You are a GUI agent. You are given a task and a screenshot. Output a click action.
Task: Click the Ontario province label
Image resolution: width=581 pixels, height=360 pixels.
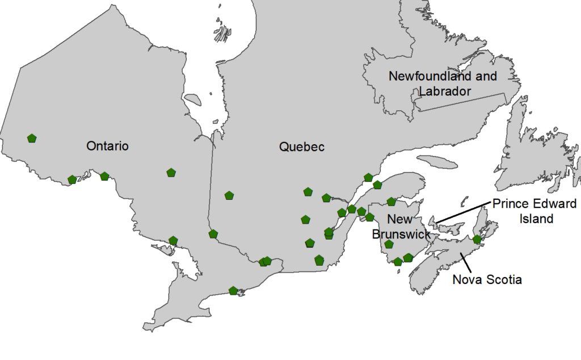click(107, 146)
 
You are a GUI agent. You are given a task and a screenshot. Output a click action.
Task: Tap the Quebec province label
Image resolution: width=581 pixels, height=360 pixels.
click(302, 146)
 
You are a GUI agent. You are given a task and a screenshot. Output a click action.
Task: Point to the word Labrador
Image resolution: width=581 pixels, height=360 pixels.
click(445, 91)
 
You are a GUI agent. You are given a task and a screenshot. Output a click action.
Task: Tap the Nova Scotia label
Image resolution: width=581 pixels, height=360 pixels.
click(487, 279)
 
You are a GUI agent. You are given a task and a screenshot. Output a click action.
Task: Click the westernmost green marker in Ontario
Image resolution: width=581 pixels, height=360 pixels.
click(32, 138)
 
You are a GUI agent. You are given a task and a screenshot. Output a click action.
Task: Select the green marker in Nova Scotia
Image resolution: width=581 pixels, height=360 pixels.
click(477, 240)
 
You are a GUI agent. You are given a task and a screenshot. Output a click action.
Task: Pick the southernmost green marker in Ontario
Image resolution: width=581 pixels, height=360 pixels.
click(233, 291)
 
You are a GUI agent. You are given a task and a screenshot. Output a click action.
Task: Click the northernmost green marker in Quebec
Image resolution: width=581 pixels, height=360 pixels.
click(368, 178)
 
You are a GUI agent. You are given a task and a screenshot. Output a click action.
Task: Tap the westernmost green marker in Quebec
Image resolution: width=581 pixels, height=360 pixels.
click(229, 195)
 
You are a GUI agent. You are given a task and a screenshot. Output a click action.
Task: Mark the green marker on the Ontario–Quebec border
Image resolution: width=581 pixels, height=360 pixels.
click(213, 234)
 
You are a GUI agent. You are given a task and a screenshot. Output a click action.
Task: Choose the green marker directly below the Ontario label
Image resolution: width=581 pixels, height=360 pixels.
click(104, 176)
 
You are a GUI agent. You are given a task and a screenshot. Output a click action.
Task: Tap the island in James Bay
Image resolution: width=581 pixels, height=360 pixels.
click(193, 100)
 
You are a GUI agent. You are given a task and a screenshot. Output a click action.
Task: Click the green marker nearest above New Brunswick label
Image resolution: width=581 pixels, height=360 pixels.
click(391, 202)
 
